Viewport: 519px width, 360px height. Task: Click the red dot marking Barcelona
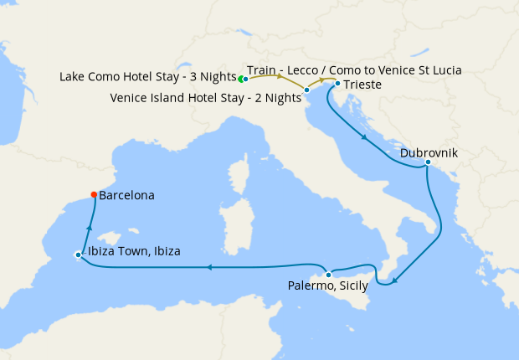click(x=93, y=195)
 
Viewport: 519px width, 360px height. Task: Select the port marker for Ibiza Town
click(x=78, y=255)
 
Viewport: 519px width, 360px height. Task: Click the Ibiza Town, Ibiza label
click(x=132, y=251)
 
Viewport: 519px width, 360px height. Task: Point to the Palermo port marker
click(x=329, y=275)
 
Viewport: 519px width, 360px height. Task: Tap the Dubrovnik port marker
click(x=427, y=162)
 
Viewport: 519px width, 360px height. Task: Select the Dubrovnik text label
click(x=429, y=153)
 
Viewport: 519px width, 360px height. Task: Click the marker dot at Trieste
click(x=337, y=84)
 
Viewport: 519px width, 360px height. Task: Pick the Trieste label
click(x=360, y=85)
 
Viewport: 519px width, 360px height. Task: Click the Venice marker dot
click(x=307, y=90)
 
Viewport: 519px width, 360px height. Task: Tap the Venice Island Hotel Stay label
click(x=205, y=98)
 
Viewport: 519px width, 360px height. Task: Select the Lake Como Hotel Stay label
click(x=146, y=77)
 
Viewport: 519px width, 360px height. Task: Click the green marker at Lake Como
click(x=240, y=80)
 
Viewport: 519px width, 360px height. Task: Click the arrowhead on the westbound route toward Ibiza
click(x=209, y=268)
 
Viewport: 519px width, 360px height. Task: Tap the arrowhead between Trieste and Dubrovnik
click(x=363, y=136)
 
